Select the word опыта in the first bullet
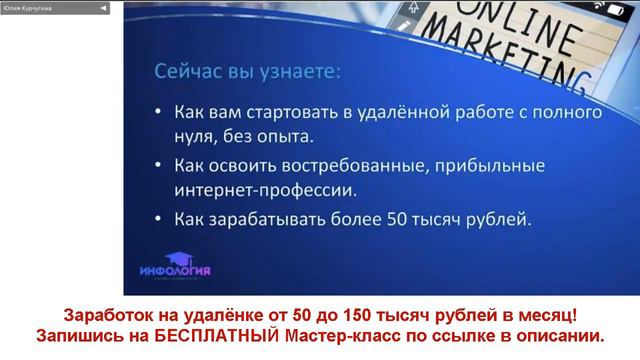(291, 134)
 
